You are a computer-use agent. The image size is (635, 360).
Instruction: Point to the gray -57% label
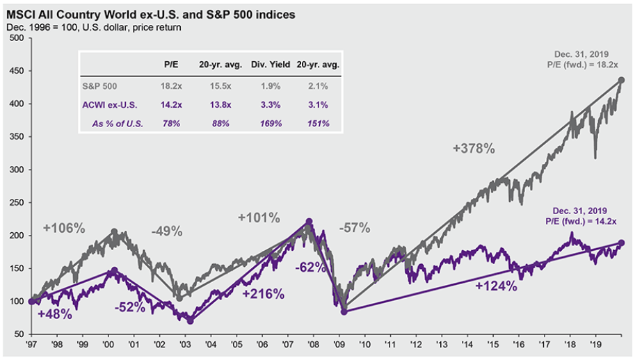tap(355, 228)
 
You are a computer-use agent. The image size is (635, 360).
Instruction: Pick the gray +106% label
tap(64, 228)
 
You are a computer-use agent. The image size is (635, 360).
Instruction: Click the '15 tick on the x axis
tap(493, 344)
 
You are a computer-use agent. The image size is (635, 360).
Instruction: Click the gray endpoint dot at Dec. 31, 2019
tap(622, 80)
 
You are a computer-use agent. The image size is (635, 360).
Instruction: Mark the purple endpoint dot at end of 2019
tap(622, 243)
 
